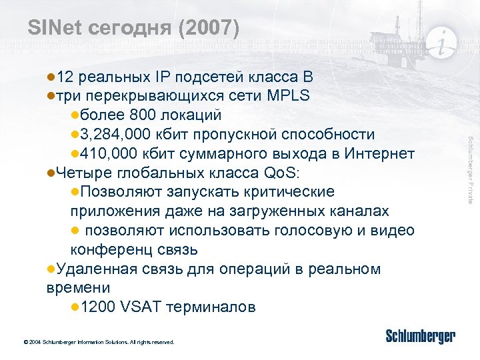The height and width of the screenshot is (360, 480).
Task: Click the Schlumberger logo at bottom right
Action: coord(420,336)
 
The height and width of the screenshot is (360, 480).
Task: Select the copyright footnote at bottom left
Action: coord(98,342)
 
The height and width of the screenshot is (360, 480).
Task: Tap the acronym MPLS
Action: coord(287,95)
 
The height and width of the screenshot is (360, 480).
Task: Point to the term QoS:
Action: coord(283,173)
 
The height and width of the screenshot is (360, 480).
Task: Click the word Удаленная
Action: coord(96,269)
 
